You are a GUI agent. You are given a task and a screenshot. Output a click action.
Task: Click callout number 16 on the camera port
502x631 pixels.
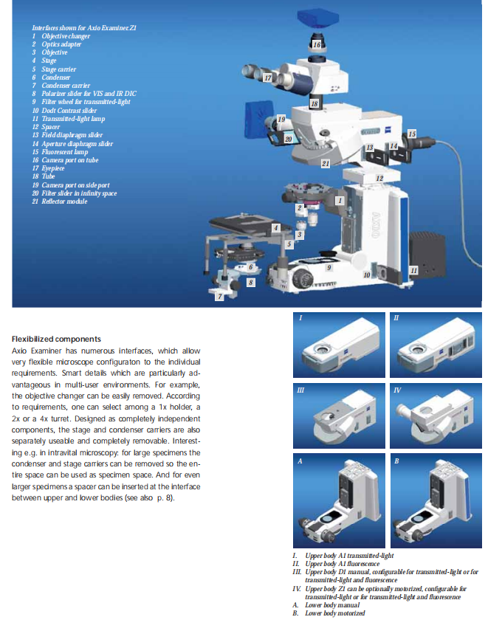[x=317, y=45]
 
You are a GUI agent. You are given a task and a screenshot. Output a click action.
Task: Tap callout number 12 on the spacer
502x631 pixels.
[x=379, y=178]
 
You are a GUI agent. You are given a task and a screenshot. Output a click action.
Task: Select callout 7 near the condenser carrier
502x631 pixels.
[x=220, y=297]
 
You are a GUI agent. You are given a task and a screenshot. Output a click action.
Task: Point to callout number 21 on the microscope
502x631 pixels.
[x=326, y=163]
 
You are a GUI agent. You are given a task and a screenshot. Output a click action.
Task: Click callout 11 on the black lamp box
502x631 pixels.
[x=414, y=270]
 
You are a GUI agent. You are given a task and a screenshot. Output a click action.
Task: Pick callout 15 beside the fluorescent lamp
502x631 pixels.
[x=412, y=134]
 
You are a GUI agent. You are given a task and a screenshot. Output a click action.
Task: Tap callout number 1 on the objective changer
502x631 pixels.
[x=340, y=201]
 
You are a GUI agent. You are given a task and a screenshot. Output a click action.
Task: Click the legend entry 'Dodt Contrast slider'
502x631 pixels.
[x=64, y=110]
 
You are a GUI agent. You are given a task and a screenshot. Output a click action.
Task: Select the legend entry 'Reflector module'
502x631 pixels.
[x=60, y=201]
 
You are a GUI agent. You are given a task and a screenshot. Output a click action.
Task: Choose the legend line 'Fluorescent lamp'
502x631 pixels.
[x=60, y=152]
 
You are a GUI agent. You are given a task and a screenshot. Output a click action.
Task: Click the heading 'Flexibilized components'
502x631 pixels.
[x=56, y=339]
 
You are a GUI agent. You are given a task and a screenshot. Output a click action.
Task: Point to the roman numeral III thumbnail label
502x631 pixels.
[x=300, y=390]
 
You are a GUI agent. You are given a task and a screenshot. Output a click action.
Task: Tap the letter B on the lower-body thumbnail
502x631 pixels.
[x=396, y=461]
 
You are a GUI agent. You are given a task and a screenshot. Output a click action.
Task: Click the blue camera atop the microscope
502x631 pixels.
[x=317, y=18]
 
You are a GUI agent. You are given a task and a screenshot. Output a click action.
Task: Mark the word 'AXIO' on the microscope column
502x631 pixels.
[x=376, y=225]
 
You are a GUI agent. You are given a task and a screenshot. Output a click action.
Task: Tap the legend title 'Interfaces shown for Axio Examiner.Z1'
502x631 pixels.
[x=84, y=28]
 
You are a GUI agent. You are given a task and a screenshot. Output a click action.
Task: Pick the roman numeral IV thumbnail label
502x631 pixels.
[x=397, y=390]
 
